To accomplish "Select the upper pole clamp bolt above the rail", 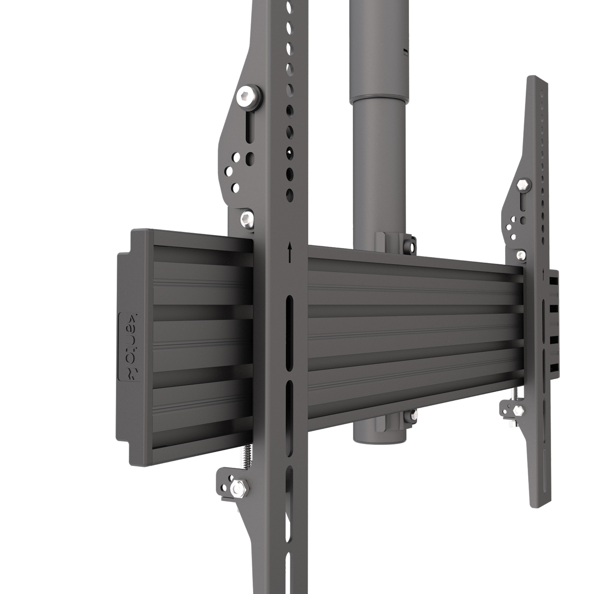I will click(x=409, y=246).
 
